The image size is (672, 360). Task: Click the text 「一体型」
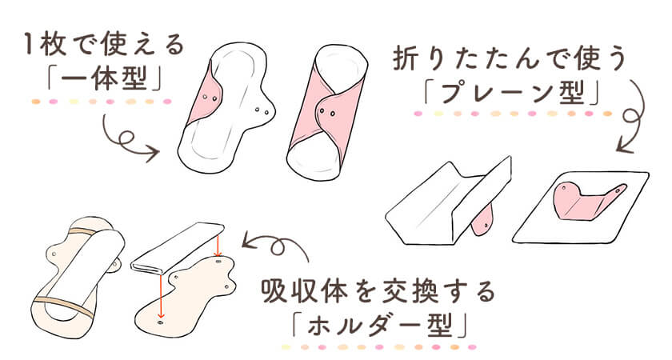tap(104, 79)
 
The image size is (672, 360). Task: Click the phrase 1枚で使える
tap(104, 45)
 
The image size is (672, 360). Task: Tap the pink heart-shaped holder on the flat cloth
tap(587, 201)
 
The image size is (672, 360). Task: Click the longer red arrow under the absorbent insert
tap(161, 298)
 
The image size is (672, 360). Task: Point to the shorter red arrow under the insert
tap(218, 246)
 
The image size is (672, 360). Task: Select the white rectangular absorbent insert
tap(177, 248)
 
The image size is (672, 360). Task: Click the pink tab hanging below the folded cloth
tap(483, 219)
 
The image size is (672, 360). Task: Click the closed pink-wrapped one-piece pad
tap(327, 113)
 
